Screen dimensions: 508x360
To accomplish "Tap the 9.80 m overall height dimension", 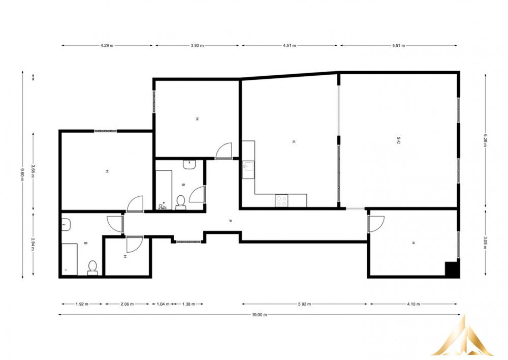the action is tap(22, 174).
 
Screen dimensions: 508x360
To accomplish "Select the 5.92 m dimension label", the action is tap(304, 304).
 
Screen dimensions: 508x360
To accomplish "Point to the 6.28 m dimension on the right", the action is tap(485, 140).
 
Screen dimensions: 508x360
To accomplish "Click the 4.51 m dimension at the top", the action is tap(290, 46).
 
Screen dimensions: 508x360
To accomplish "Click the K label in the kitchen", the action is tap(294, 142).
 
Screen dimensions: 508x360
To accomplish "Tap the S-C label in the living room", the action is tap(398, 140).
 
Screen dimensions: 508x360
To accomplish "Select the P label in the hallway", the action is tap(230, 221).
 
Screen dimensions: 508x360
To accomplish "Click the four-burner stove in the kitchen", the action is tap(281, 200).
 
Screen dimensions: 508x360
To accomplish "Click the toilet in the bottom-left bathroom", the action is tap(92, 268).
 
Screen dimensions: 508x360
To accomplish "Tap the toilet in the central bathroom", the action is tap(180, 202).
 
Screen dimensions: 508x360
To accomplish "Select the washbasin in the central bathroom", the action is tap(188, 164).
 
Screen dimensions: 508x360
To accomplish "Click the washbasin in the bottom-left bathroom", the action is tap(66, 225).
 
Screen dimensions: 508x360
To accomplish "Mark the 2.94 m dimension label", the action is tap(33, 244).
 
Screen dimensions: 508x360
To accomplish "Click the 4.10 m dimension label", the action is tap(414, 304).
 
